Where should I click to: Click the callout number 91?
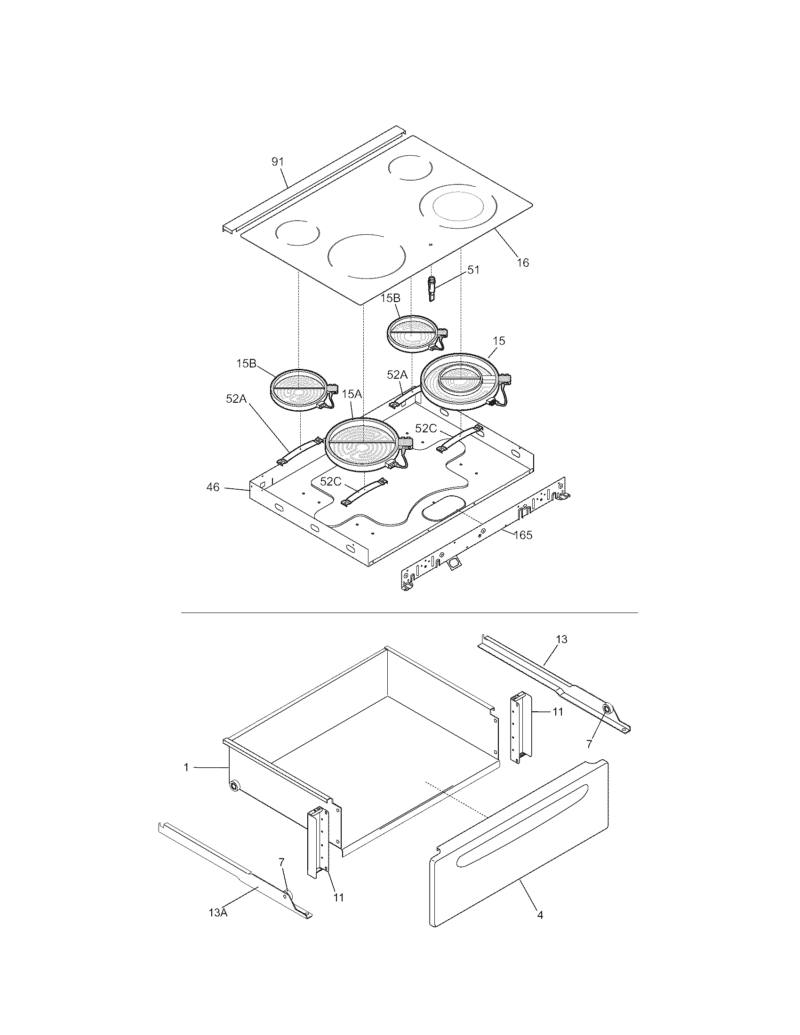(277, 161)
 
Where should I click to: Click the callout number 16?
(523, 263)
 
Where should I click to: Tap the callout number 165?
(523, 535)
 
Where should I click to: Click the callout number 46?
(213, 487)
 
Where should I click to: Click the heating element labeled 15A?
(363, 443)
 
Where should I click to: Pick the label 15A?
(351, 394)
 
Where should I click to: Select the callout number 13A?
(218, 925)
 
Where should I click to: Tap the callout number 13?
(561, 639)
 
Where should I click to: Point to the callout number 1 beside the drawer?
(186, 767)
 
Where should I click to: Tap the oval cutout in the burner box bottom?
(444, 510)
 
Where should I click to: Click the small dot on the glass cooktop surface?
(430, 245)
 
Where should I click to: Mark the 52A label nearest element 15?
(397, 375)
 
